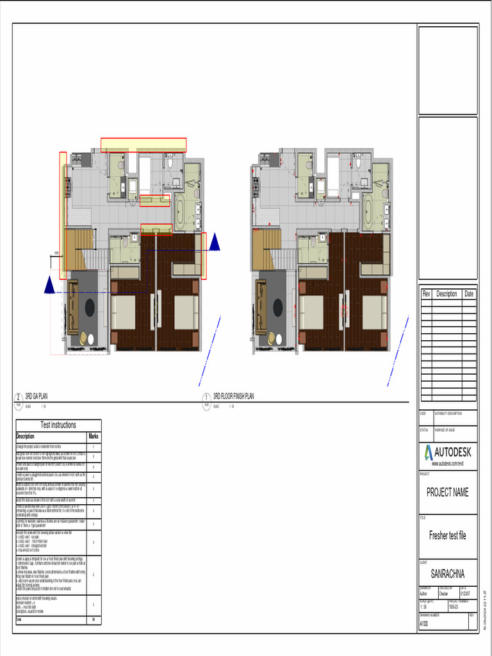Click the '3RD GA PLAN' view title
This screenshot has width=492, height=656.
click(x=37, y=397)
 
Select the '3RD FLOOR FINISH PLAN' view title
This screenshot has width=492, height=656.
click(x=233, y=397)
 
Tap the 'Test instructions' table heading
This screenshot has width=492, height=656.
click(x=58, y=425)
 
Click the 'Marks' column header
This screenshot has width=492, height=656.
click(x=94, y=436)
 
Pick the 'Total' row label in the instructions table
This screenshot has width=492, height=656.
click(x=19, y=620)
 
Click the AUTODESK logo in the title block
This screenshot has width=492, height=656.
click(x=448, y=454)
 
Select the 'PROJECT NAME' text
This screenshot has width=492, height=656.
click(x=447, y=493)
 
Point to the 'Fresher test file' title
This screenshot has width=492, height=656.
click(x=447, y=536)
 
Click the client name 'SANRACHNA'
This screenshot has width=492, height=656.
click(x=447, y=573)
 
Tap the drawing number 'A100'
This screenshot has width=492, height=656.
click(x=424, y=623)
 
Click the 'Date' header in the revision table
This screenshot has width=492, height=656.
click(x=469, y=294)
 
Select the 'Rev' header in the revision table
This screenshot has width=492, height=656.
click(x=427, y=294)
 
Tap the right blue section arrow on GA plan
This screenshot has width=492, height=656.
click(x=214, y=242)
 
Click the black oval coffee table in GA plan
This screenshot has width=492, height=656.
click(x=90, y=307)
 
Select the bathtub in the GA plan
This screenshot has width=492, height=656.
click(x=179, y=211)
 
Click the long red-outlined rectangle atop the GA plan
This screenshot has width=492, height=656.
click(x=143, y=145)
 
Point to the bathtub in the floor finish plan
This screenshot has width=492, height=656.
click(x=368, y=211)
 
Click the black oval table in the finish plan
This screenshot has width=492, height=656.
click(x=278, y=307)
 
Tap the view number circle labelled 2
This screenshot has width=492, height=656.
click(x=19, y=397)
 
